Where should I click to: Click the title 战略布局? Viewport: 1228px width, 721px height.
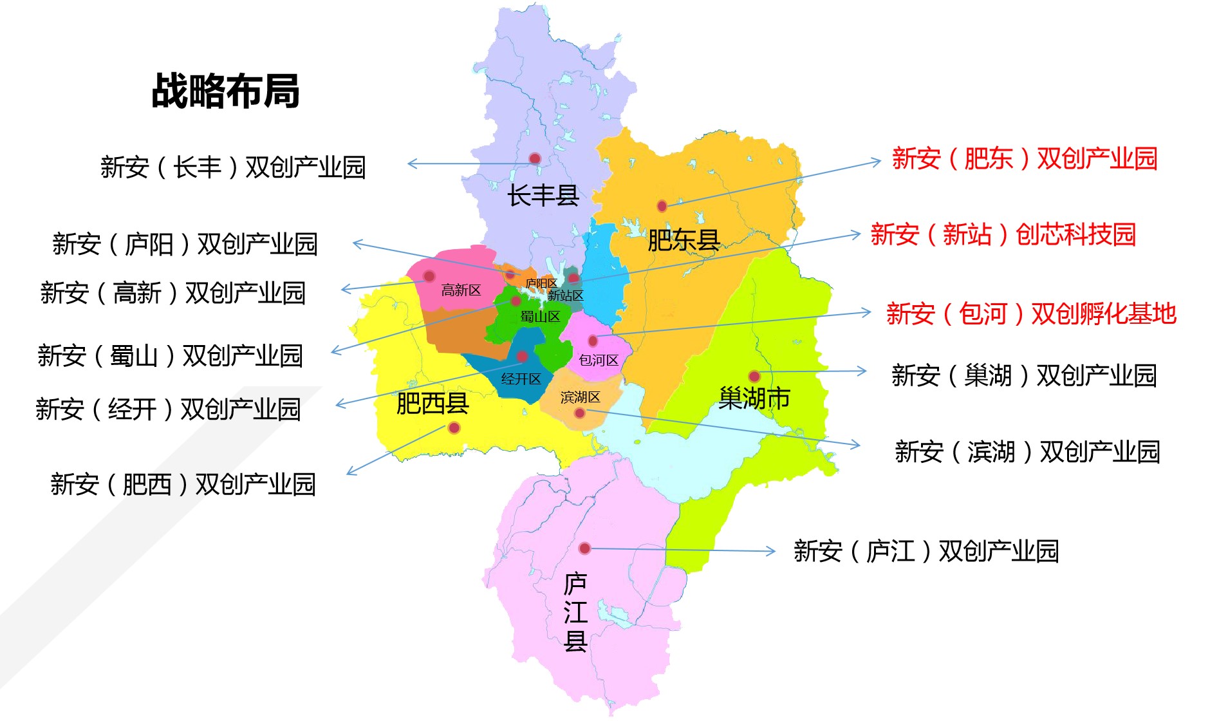pyautogui.click(x=225, y=91)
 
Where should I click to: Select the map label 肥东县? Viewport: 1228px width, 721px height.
pyautogui.click(x=683, y=240)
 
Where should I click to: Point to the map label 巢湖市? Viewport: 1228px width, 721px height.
pyautogui.click(x=754, y=398)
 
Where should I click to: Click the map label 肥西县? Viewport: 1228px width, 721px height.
pyautogui.click(x=432, y=404)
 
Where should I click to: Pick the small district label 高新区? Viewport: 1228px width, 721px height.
pyautogui.click(x=461, y=290)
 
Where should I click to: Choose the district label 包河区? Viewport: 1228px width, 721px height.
pyautogui.click(x=599, y=360)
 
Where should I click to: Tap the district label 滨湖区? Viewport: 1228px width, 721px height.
pyautogui.click(x=580, y=397)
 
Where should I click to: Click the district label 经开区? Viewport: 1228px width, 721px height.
pyautogui.click(x=521, y=379)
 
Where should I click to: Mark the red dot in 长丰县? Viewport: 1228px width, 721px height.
pyautogui.click(x=535, y=158)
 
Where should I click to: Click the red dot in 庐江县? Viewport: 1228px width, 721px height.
pyautogui.click(x=584, y=548)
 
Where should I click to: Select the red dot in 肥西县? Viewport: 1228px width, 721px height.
pyautogui.click(x=454, y=427)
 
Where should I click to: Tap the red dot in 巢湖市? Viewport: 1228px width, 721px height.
pyautogui.click(x=754, y=376)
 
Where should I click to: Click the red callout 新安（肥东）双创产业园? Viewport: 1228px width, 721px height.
pyautogui.click(x=1025, y=158)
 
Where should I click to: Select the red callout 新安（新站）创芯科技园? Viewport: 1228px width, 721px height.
pyautogui.click(x=1003, y=234)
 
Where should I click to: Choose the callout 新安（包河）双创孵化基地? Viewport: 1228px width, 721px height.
pyautogui.click(x=1031, y=314)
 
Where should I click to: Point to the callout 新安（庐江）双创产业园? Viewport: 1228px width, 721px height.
pyautogui.click(x=926, y=551)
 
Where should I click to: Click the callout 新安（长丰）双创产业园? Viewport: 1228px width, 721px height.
pyautogui.click(x=233, y=167)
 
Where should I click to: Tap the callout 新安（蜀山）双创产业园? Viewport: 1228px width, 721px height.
pyautogui.click(x=170, y=355)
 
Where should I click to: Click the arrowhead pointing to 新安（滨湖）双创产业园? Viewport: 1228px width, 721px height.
pyautogui.click(x=856, y=444)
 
